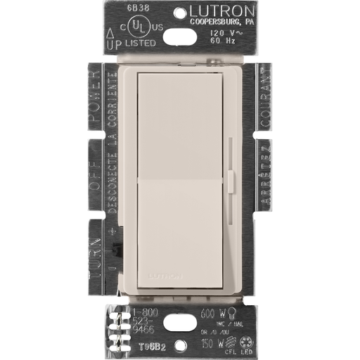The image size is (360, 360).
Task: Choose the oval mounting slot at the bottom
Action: [x=180, y=343]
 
